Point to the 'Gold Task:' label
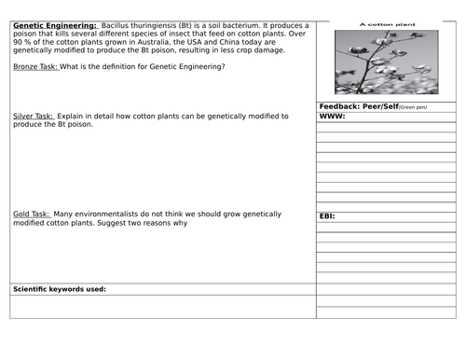point(34,214)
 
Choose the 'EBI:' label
point(327,216)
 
